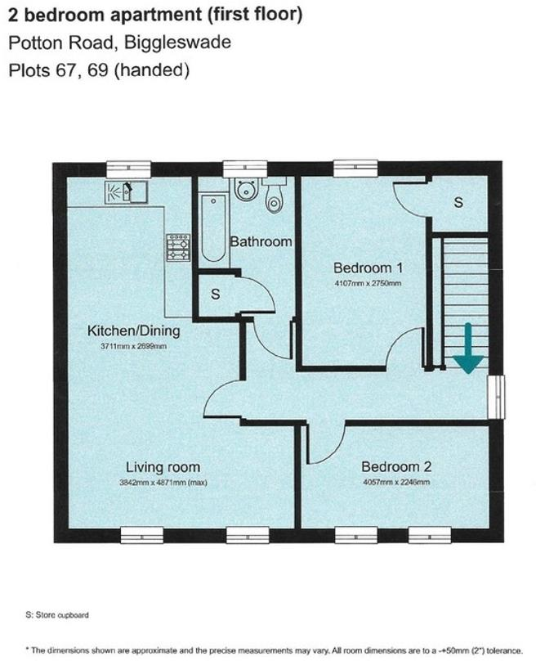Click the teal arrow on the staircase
coord(467,348)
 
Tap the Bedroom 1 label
coord(368,268)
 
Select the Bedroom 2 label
coord(396,467)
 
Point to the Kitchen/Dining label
coord(134,331)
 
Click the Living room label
coord(163,467)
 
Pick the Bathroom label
coord(261,241)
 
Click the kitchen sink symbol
coord(125,193)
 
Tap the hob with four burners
coord(178,247)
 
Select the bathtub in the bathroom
coord(213,227)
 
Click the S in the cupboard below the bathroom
coord(215,295)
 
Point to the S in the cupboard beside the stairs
coord(458,202)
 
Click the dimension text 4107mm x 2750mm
coord(368,285)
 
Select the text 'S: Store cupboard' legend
coord(56,614)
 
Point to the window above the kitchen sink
coord(128,169)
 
